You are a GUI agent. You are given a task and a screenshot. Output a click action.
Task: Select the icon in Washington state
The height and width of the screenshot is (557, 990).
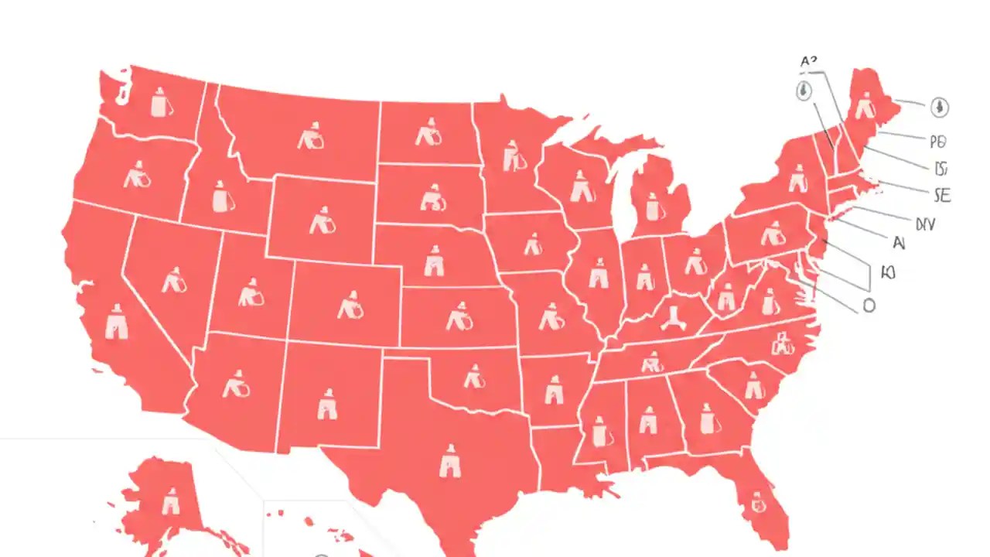point(160,102)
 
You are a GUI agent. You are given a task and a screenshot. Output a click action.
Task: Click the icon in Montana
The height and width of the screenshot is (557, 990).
point(310,138)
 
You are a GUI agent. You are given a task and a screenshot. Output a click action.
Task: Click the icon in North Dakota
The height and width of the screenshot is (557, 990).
point(428,133)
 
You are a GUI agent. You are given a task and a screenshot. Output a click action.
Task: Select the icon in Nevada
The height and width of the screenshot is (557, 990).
point(175,279)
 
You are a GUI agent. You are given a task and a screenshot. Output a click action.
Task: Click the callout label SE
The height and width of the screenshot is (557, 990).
point(942,196)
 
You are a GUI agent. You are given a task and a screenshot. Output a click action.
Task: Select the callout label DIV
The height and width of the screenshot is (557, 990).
point(925,224)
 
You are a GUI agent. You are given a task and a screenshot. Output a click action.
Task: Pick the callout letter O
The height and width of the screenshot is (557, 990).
point(869,306)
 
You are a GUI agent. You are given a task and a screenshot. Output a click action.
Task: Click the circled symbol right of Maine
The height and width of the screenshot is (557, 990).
point(939,107)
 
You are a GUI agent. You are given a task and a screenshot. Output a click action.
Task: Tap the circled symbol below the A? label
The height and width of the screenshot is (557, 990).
point(804,91)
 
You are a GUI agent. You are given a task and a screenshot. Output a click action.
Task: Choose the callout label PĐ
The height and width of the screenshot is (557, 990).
point(938,142)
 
